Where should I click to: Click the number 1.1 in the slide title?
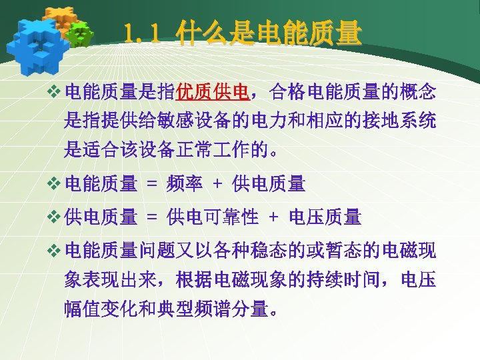(141, 34)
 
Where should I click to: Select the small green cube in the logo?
(81, 34)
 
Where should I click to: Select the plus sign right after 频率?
(217, 181)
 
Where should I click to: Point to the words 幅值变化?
(100, 308)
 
